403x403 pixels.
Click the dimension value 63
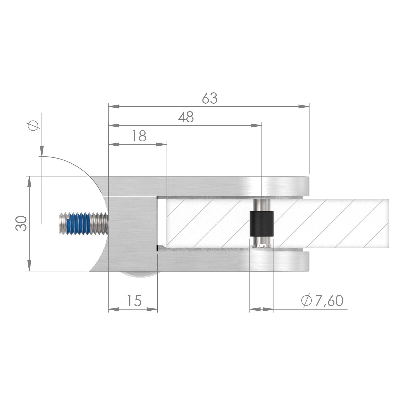[210, 98]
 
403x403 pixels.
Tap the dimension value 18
[139, 136]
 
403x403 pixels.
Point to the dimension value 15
[134, 301]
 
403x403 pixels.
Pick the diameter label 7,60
[329, 301]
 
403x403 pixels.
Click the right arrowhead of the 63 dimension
[304, 106]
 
